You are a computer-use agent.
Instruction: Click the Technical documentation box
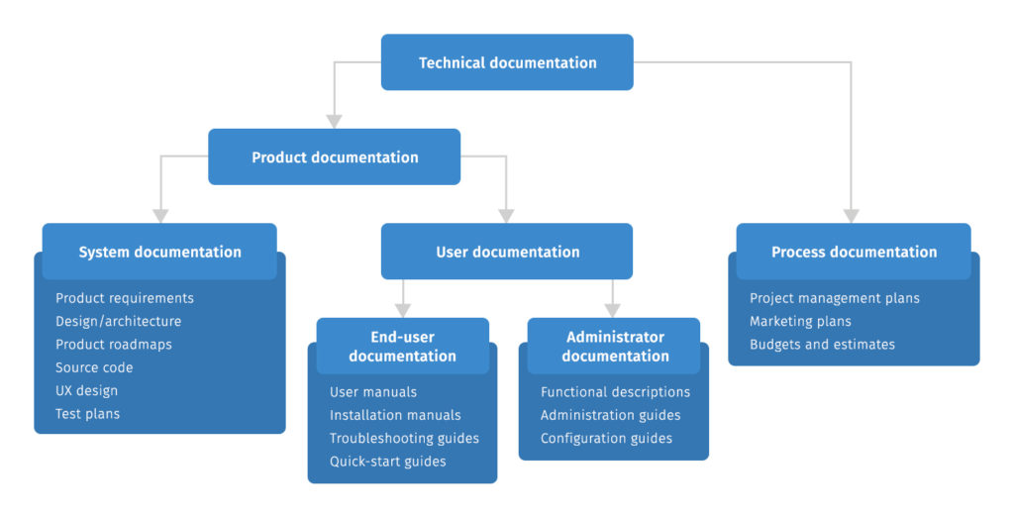click(507, 62)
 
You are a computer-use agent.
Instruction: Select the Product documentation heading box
click(334, 157)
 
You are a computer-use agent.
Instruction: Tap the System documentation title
click(159, 252)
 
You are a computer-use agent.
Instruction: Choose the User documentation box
click(507, 252)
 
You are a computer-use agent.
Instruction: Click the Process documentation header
click(854, 252)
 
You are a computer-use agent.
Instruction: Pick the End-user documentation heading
click(402, 347)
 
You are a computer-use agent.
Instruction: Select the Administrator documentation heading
click(614, 347)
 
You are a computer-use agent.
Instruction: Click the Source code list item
click(94, 367)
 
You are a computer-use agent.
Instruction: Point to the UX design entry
click(86, 391)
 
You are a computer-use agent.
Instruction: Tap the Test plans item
click(87, 414)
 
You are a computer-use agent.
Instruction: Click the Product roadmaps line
click(113, 345)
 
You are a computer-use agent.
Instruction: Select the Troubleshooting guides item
click(404, 439)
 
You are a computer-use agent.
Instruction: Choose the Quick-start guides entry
click(387, 462)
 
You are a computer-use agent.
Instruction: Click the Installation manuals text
click(395, 415)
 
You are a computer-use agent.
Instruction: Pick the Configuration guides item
click(606, 439)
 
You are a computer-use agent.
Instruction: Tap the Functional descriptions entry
click(615, 392)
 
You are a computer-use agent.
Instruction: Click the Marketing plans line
click(800, 321)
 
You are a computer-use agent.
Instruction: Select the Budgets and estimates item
click(822, 345)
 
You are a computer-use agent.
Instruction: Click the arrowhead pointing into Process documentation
click(851, 216)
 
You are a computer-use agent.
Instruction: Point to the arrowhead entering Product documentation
click(334, 121)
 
